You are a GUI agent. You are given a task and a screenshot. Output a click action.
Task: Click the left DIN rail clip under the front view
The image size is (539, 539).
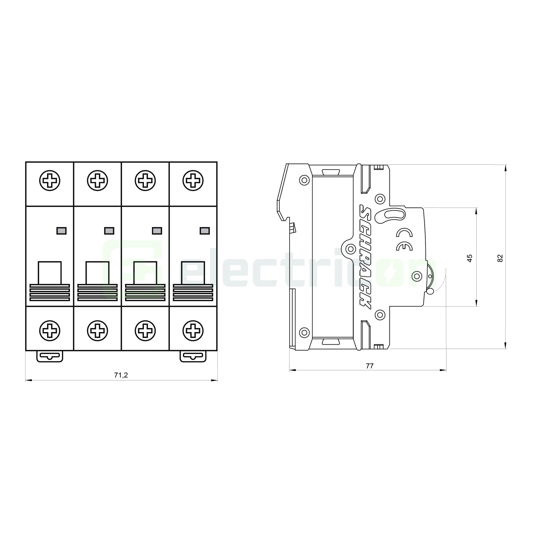click(x=50, y=356)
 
